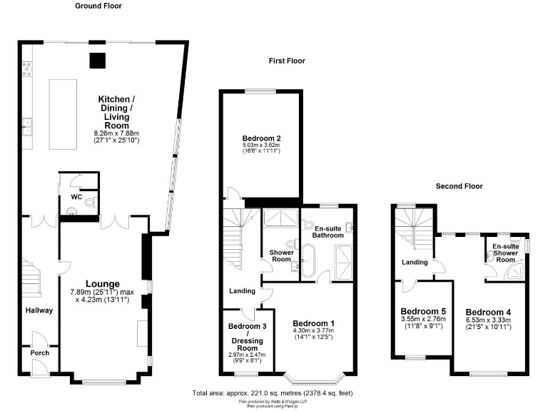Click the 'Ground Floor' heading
tap(98, 6)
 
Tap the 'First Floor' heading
tap(286, 61)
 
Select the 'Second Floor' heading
tap(459, 186)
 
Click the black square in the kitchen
tap(96, 61)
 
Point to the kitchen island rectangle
tap(63, 114)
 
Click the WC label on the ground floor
tap(74, 196)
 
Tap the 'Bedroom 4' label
tap(488, 312)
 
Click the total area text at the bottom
tap(273, 393)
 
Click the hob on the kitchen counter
tap(27, 68)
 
